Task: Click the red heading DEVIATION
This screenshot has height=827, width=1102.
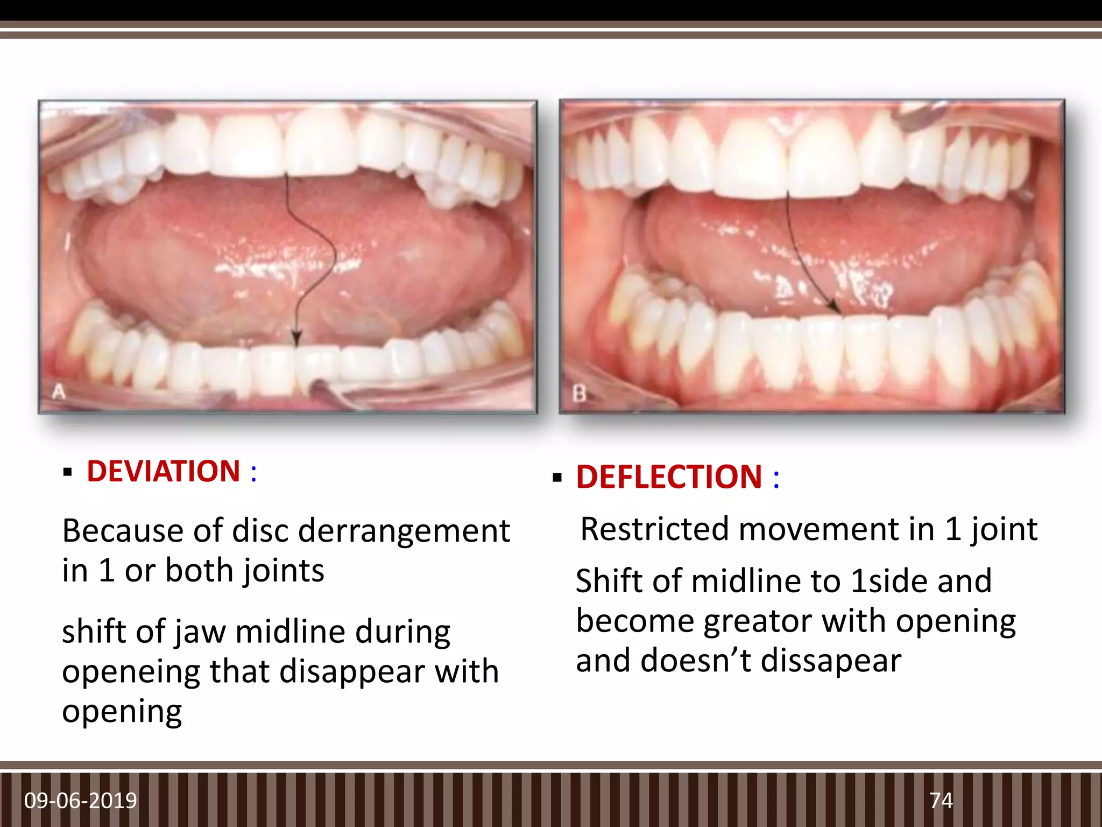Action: (x=163, y=472)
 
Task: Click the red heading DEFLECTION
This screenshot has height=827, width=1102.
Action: (x=669, y=477)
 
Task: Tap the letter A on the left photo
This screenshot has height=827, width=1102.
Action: (x=58, y=391)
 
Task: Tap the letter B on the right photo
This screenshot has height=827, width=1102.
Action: (x=579, y=394)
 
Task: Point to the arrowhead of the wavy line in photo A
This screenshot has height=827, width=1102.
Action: (x=295, y=339)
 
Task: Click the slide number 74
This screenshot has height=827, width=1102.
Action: (x=941, y=801)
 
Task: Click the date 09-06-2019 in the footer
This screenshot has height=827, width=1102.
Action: (x=81, y=801)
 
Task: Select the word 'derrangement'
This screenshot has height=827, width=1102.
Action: (x=404, y=531)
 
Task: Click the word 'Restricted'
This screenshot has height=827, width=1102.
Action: (x=654, y=529)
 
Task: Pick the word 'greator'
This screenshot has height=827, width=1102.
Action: (x=758, y=622)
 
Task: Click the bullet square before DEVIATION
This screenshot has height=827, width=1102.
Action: (x=67, y=473)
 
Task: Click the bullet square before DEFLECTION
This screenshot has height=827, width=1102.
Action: (x=557, y=478)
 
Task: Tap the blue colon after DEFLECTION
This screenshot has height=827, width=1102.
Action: (x=776, y=478)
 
